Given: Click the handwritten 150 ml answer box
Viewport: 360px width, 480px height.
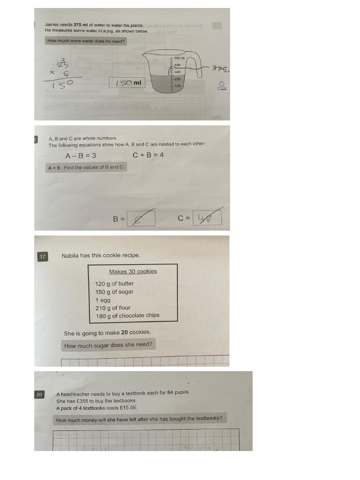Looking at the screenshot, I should (127, 83).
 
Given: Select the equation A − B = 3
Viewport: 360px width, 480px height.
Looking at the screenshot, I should (81, 155).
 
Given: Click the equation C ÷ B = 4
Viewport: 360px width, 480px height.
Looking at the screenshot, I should (148, 155).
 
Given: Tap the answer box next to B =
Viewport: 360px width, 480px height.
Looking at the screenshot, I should (141, 218).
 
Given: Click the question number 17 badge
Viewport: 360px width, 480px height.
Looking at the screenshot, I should (43, 256).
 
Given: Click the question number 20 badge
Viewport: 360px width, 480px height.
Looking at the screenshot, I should (39, 395).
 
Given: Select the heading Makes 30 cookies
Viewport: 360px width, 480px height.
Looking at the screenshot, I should (133, 271).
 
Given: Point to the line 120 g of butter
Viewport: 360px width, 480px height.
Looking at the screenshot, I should (114, 284).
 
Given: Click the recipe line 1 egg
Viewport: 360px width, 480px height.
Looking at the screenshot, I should (103, 300).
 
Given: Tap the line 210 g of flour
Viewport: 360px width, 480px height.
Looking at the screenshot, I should (113, 308).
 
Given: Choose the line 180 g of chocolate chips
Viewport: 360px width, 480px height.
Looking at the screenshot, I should (127, 315).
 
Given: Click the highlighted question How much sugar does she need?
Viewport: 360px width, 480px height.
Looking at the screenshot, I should (108, 345).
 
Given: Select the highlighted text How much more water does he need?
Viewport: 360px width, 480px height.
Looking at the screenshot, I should (86, 41).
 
